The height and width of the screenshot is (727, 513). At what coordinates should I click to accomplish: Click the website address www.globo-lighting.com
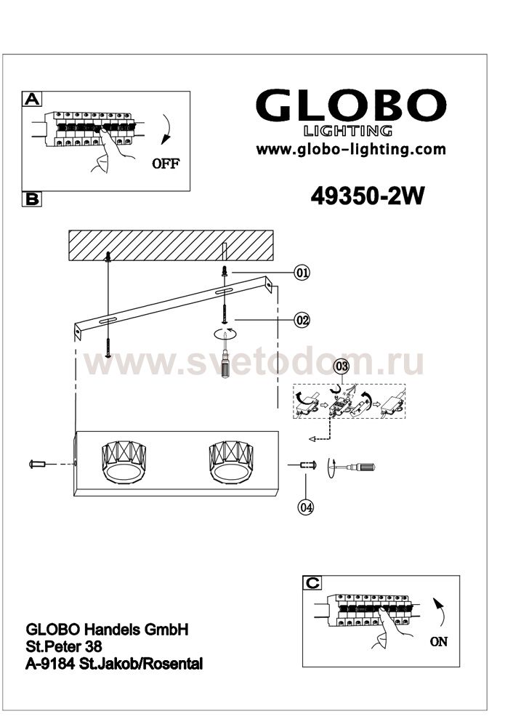[351, 149]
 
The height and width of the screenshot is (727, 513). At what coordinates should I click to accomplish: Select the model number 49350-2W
[367, 196]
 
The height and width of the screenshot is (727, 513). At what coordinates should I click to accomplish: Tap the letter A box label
[32, 98]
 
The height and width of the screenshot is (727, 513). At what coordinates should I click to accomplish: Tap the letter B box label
[32, 199]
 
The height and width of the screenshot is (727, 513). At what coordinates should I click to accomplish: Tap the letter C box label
[312, 583]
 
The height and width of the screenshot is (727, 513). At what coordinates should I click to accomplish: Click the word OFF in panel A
[166, 164]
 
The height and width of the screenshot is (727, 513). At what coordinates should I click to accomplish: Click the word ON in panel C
[439, 642]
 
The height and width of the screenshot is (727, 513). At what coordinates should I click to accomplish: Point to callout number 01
[302, 272]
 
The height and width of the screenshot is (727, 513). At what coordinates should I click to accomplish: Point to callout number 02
[302, 320]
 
